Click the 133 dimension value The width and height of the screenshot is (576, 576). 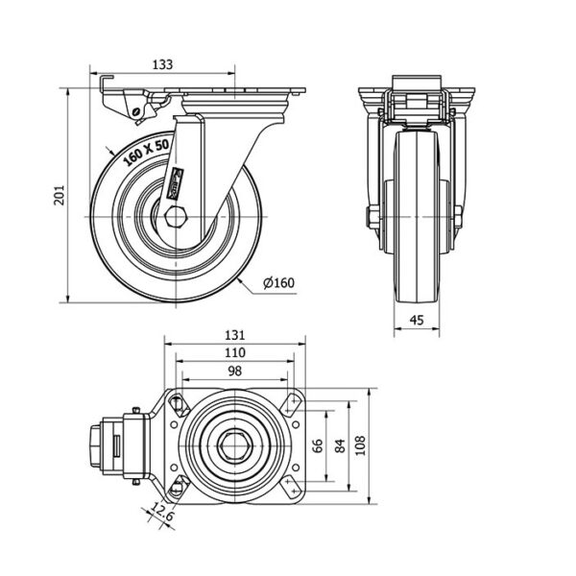163,64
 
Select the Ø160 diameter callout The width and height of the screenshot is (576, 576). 278,282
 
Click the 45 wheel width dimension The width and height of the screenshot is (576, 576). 419,321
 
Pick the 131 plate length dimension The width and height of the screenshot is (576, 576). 235,336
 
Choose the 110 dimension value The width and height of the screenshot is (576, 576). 235,353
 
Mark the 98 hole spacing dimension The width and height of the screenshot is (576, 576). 235,371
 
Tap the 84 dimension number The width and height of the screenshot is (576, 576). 340,446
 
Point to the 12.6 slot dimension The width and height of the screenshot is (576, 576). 164,516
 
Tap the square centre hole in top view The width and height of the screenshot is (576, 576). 235,446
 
